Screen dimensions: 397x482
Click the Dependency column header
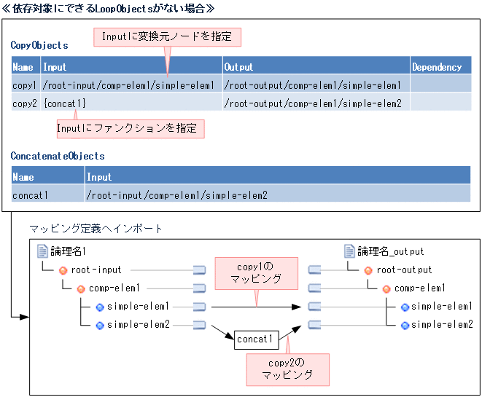point(437,67)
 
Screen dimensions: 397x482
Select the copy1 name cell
point(25,85)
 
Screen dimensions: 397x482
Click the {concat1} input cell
point(64,103)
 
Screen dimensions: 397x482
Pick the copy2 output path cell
point(313,103)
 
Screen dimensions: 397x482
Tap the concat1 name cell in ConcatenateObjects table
point(31,194)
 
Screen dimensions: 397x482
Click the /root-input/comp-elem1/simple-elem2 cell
point(176,194)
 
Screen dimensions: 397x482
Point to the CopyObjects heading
point(39,45)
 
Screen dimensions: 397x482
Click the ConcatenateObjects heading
point(58,156)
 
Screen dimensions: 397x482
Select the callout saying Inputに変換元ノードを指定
point(167,36)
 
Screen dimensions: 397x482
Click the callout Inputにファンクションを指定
point(130,128)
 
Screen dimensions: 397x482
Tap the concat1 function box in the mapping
point(254,339)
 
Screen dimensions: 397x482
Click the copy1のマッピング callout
point(255,272)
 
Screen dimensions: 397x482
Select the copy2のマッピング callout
point(287,369)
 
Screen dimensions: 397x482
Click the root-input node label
point(96,270)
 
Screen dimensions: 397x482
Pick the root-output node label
point(404,270)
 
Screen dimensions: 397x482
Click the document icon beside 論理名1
point(42,251)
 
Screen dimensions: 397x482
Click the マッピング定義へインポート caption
point(96,229)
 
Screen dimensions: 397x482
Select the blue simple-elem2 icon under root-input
point(99,325)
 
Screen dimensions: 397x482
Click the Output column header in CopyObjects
point(239,67)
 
